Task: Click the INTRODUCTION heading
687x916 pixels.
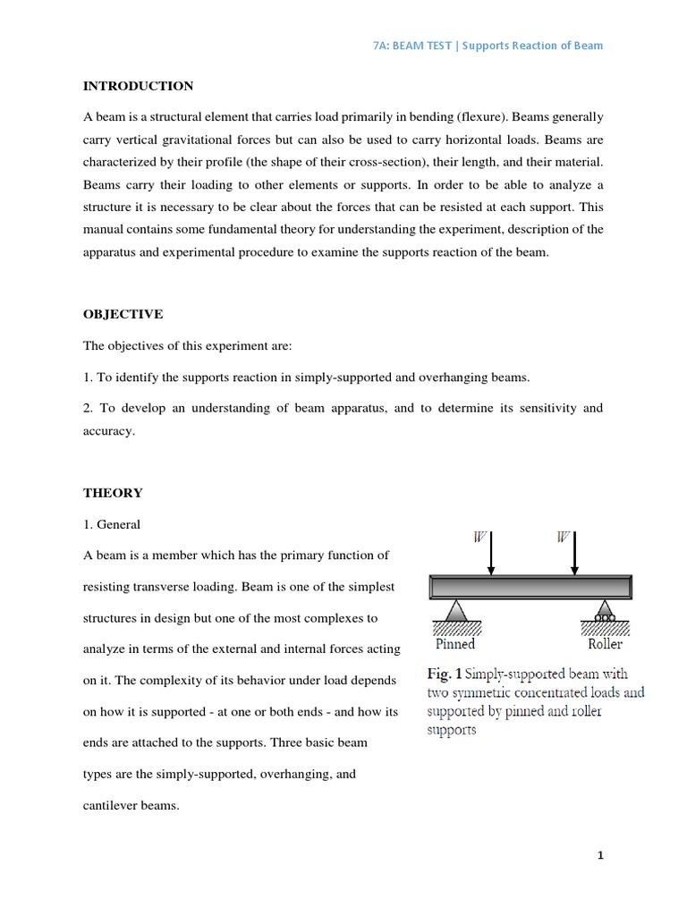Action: coord(138,86)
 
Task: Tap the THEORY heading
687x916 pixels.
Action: coord(113,493)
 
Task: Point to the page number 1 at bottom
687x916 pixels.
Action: coord(601,855)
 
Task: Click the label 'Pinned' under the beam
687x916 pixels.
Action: coord(454,643)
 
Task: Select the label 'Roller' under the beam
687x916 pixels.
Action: coord(605,643)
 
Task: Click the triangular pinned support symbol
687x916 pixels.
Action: coord(455,612)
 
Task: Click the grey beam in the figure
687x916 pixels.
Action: coord(532,587)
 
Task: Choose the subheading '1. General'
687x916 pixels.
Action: coord(112,524)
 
